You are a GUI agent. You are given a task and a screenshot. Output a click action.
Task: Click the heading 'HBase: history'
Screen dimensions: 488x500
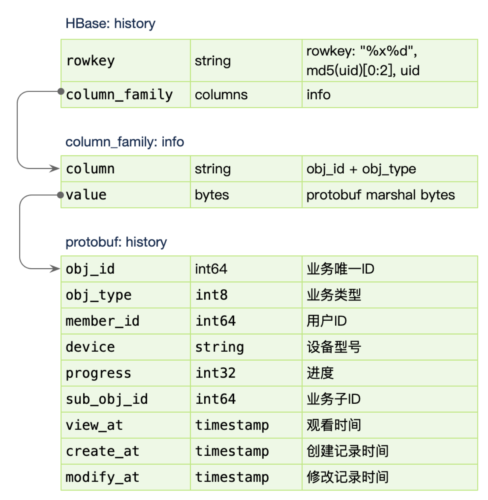pyautogui.click(x=110, y=23)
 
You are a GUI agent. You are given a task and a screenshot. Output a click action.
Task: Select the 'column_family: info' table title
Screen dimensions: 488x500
pyautogui.click(x=125, y=142)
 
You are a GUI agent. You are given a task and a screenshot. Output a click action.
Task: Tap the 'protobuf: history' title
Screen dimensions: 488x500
pyautogui.click(x=116, y=242)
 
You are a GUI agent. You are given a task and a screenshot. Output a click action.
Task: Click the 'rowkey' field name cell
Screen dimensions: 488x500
pyautogui.click(x=126, y=60)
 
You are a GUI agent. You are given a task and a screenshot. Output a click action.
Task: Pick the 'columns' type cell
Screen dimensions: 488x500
pyautogui.click(x=246, y=95)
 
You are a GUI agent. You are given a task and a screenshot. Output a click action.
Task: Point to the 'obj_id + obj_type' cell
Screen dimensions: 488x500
pyautogui.click(x=390, y=169)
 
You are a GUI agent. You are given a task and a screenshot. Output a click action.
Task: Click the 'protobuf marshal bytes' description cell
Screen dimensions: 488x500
pyautogui.click(x=390, y=195)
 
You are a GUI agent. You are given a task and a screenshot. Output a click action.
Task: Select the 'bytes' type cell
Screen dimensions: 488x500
pyautogui.click(x=246, y=195)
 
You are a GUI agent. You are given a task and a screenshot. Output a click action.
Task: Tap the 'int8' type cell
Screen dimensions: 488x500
pyautogui.click(x=246, y=295)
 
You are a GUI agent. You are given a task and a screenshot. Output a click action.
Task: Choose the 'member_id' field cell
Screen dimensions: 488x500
pyautogui.click(x=126, y=321)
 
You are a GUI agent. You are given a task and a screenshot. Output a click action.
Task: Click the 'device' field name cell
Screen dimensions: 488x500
pyautogui.click(x=126, y=347)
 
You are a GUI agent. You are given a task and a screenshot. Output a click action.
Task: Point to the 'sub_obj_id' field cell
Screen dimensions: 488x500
pyautogui.click(x=126, y=399)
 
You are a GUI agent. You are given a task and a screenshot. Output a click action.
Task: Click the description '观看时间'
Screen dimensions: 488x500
pyautogui.click(x=334, y=425)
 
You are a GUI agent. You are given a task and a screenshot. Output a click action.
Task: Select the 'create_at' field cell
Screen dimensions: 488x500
pyautogui.click(x=126, y=451)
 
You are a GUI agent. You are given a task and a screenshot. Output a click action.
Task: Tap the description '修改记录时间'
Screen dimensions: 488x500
pyautogui.click(x=348, y=477)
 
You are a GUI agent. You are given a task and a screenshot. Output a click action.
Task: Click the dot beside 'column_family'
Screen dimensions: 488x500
pyautogui.click(x=61, y=91)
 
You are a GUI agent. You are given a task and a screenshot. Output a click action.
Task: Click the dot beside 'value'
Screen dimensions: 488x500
pyautogui.click(x=60, y=195)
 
